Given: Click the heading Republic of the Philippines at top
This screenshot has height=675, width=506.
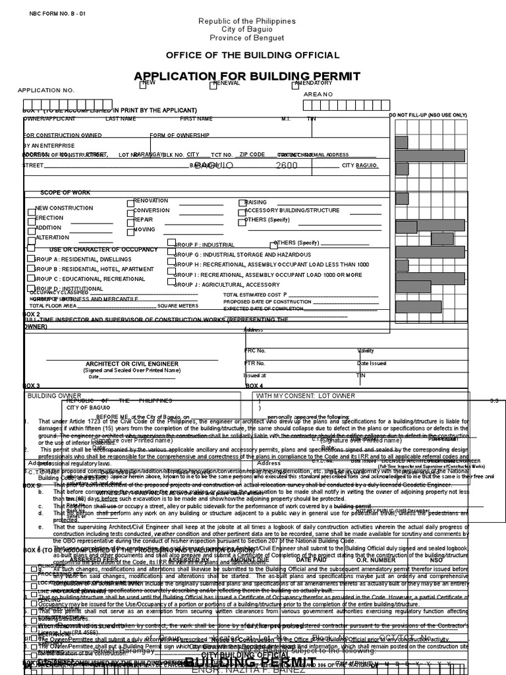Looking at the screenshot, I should (x=247, y=22).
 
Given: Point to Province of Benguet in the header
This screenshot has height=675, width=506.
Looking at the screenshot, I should (x=247, y=38).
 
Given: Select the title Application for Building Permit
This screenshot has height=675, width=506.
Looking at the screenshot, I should (x=247, y=76).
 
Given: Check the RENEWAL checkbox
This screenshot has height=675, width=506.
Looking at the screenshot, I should (x=213, y=84).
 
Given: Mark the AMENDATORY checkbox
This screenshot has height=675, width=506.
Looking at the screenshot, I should (x=295, y=84).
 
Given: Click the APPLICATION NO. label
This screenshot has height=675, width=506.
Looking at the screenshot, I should (x=45, y=90).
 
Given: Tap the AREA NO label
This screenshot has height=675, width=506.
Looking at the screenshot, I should (x=318, y=95).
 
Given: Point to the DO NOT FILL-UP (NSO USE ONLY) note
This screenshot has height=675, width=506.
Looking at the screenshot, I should (x=428, y=115).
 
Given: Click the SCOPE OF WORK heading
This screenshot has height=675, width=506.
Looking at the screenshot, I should (x=65, y=192).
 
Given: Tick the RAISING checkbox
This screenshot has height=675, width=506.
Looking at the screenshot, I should (x=242, y=203).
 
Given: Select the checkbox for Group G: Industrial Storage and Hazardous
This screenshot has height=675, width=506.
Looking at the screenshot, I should (x=171, y=254).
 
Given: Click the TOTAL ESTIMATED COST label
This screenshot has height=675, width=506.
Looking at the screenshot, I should (x=254, y=295).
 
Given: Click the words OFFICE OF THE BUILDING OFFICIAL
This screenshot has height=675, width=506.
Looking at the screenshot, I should (x=252, y=55).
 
